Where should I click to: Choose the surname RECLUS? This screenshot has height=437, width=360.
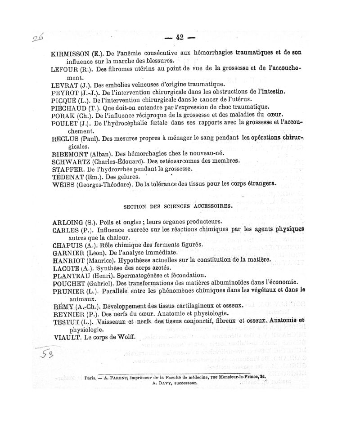66,139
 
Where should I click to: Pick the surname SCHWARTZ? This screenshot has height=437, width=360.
72,161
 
